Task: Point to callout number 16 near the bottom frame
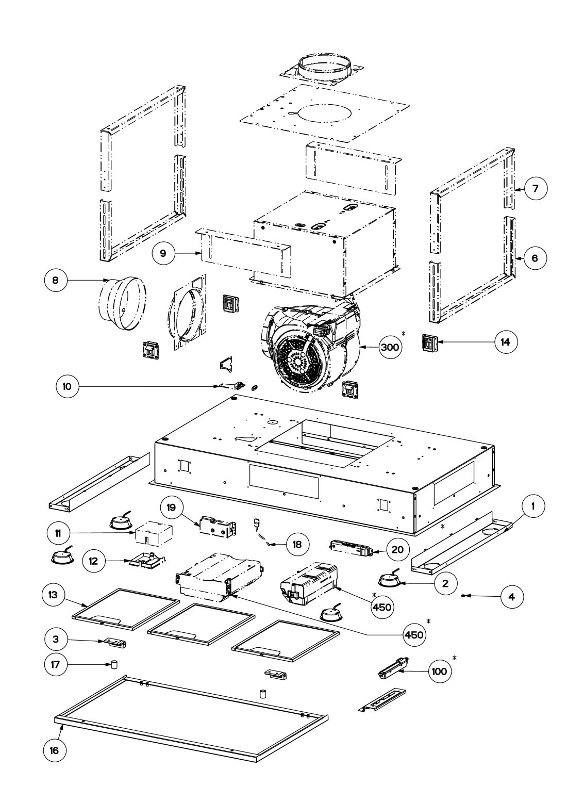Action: [x=54, y=750]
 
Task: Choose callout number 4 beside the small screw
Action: [x=511, y=597]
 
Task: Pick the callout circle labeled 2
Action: [x=445, y=583]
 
